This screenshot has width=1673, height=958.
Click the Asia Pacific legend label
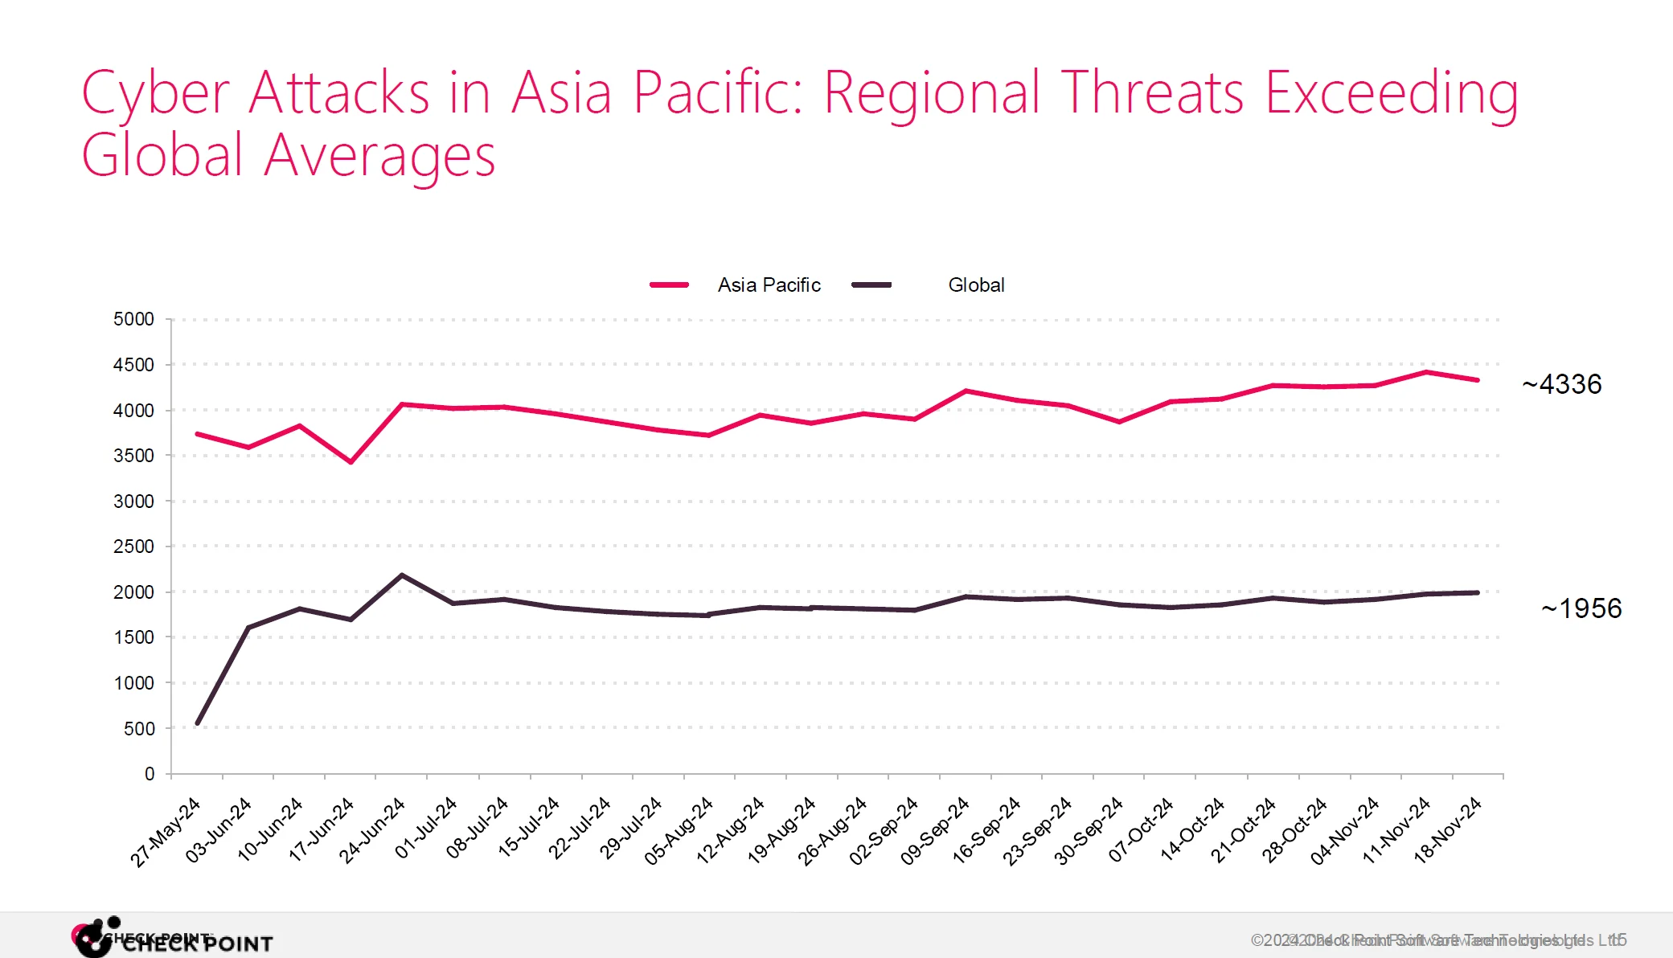pos(769,285)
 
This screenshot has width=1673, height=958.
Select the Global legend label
pos(976,285)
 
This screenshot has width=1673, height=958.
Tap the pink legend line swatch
pos(669,285)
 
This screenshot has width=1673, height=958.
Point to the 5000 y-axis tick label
pos(133,319)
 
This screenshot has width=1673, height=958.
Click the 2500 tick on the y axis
pos(133,547)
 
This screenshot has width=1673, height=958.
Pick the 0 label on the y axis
pos(150,774)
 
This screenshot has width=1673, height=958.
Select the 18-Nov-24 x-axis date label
pos(1448,829)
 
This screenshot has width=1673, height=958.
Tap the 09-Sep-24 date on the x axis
pos(936,830)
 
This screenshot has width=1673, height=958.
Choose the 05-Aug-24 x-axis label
pos(679,830)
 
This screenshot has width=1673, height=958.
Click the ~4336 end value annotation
pos(1561,384)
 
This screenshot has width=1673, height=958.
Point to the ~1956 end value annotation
pos(1581,608)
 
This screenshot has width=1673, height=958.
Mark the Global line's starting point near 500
pos(198,723)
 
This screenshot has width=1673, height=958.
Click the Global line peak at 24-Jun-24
pos(402,575)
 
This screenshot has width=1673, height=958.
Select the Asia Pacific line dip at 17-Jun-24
pos(351,461)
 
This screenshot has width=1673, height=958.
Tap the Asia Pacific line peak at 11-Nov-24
pos(1426,372)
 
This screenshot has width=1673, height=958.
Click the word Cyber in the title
pos(156,93)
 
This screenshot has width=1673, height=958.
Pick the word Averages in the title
pos(379,155)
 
